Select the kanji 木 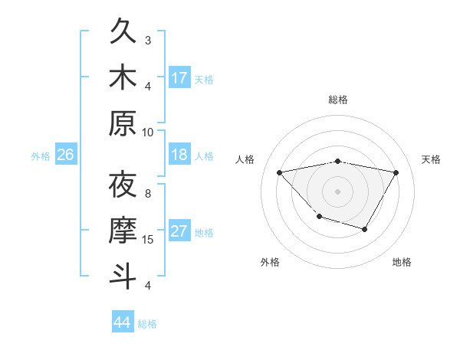[123, 77]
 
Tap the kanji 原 [123, 123]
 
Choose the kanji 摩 [123, 231]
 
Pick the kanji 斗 [123, 275]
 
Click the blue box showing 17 [179, 77]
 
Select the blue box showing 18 [179, 155]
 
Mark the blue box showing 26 [65, 155]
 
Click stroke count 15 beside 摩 [148, 240]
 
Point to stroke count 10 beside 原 [148, 132]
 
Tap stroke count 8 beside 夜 [148, 193]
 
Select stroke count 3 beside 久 [148, 40]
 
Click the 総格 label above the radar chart [337, 100]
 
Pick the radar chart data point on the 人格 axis [279, 172]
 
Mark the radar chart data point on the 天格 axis [396, 172]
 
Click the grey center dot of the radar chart [337, 191]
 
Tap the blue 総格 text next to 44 [147, 324]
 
